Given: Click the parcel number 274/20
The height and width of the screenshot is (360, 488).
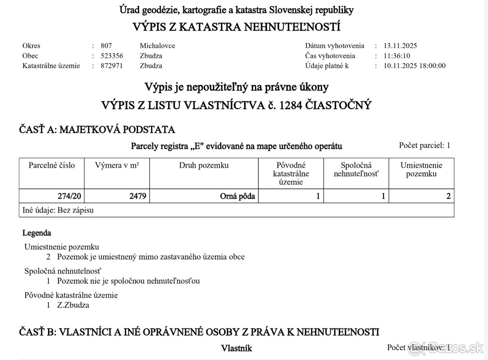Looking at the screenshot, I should point(70,197).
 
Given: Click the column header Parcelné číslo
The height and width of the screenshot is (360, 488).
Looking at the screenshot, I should point(52,165).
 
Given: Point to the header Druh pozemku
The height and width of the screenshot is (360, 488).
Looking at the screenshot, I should point(204,165).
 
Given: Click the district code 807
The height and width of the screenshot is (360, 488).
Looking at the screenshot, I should point(106,46).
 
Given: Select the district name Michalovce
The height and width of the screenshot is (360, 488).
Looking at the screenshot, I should point(157,46).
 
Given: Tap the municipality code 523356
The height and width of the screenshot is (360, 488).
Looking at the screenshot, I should point(112,56).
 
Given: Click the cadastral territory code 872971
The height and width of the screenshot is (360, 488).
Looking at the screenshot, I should point(112,65).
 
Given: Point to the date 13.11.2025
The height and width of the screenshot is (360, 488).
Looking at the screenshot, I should point(400,46).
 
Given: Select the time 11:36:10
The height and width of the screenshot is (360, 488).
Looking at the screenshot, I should point(397,56).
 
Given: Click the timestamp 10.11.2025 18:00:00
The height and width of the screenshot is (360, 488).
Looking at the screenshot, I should point(414,65).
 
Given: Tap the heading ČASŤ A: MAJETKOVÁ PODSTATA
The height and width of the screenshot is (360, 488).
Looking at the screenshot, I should point(97,130).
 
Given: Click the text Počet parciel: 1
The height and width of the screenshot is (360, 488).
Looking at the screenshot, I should point(425,145).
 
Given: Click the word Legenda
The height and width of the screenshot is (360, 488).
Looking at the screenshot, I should point(37,233).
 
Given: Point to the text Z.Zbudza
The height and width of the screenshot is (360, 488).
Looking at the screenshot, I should point(73,305).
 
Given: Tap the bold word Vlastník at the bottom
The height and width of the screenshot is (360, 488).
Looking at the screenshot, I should point(237,348).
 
